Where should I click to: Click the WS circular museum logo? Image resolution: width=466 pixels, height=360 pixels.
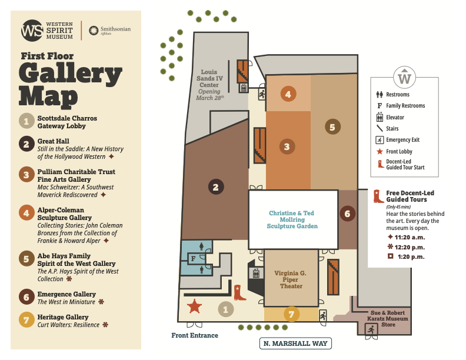pos(32,31)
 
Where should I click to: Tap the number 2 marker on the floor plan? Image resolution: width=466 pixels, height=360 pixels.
pos(216,187)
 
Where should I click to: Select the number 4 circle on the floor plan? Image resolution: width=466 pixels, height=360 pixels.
pos(288,94)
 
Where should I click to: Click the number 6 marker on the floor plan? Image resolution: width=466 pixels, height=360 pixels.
pos(347,214)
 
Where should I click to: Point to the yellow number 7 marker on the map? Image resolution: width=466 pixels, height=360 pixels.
pos(291,314)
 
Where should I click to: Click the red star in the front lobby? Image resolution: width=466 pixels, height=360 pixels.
pos(194,306)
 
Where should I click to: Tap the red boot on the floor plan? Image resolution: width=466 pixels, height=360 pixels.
pos(239,292)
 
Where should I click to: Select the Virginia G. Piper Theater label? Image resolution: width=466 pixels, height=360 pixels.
pos(290,279)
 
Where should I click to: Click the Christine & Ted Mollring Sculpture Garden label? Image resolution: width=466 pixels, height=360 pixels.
pos(292,219)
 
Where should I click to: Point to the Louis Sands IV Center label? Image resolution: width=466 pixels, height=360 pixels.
pos(209,78)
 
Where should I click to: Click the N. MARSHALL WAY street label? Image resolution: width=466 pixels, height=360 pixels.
pos(295,344)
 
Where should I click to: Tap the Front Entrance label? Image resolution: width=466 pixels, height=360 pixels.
pos(195,335)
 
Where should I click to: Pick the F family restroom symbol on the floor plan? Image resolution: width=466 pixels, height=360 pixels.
pos(194,259)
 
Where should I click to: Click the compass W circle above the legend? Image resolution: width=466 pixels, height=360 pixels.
pos(404,77)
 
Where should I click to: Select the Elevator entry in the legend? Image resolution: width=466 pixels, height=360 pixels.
pos(390,117)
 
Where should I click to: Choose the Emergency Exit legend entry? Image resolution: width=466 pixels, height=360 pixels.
pos(398,140)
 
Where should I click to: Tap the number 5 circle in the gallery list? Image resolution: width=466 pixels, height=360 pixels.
pos(26,259)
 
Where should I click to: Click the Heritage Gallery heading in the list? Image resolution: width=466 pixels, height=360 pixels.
pos(63,317)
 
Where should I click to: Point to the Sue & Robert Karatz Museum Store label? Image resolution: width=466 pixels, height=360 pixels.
pos(388,319)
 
